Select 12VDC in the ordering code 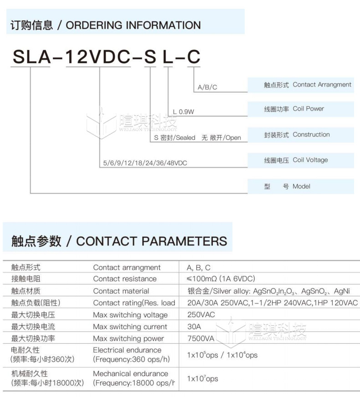tap(99, 57)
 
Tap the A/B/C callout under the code tap(207, 87)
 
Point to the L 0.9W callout tap(183, 112)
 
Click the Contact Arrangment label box tap(301, 85)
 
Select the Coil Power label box tap(301, 109)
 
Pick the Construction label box tap(301, 135)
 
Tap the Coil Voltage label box tap(301, 160)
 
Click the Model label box tap(301, 186)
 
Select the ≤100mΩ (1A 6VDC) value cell tap(221, 279)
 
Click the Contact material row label tap(121, 291)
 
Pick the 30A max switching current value tap(194, 327)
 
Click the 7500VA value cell tap(201, 338)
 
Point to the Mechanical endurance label tap(130, 373)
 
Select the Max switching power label tap(128, 338)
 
